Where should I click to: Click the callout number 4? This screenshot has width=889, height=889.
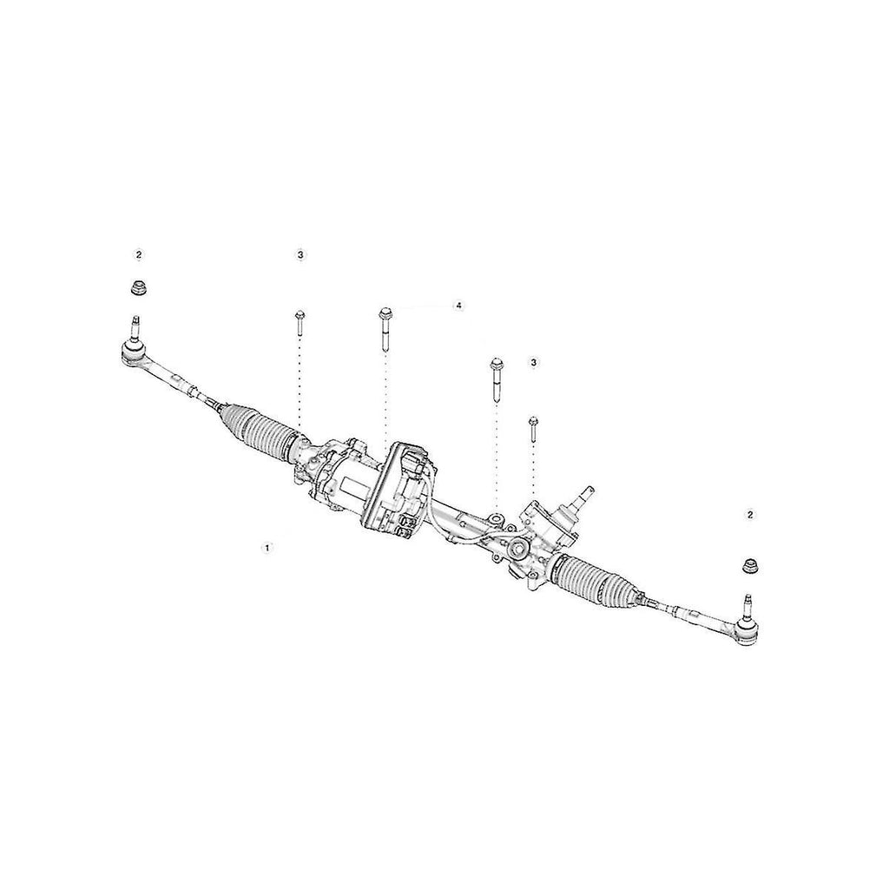pyautogui.click(x=458, y=306)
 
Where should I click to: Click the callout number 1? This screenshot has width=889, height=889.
pyautogui.click(x=266, y=548)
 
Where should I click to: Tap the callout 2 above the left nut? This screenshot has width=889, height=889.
pyautogui.click(x=140, y=255)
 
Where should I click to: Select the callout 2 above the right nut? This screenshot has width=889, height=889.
pyautogui.click(x=751, y=515)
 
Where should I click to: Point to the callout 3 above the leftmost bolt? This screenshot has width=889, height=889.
pyautogui.click(x=300, y=255)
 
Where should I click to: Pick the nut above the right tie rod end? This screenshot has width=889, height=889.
pyautogui.click(x=751, y=566)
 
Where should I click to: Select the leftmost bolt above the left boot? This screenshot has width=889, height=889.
pyautogui.click(x=300, y=324)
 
